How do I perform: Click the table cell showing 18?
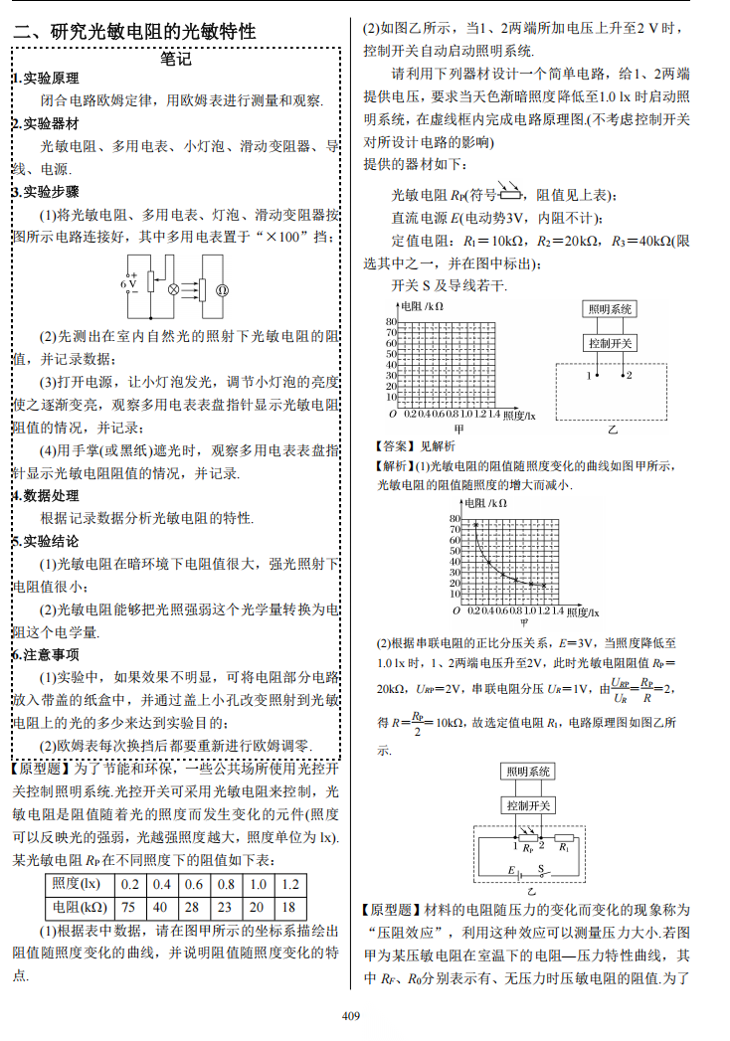click(x=289, y=907)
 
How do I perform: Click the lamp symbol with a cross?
click(x=173, y=290)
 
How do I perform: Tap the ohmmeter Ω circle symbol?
click(x=223, y=290)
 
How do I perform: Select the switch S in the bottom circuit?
click(x=542, y=868)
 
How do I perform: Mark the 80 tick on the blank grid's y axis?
click(x=391, y=322)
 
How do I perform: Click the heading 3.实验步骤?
click(x=46, y=192)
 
